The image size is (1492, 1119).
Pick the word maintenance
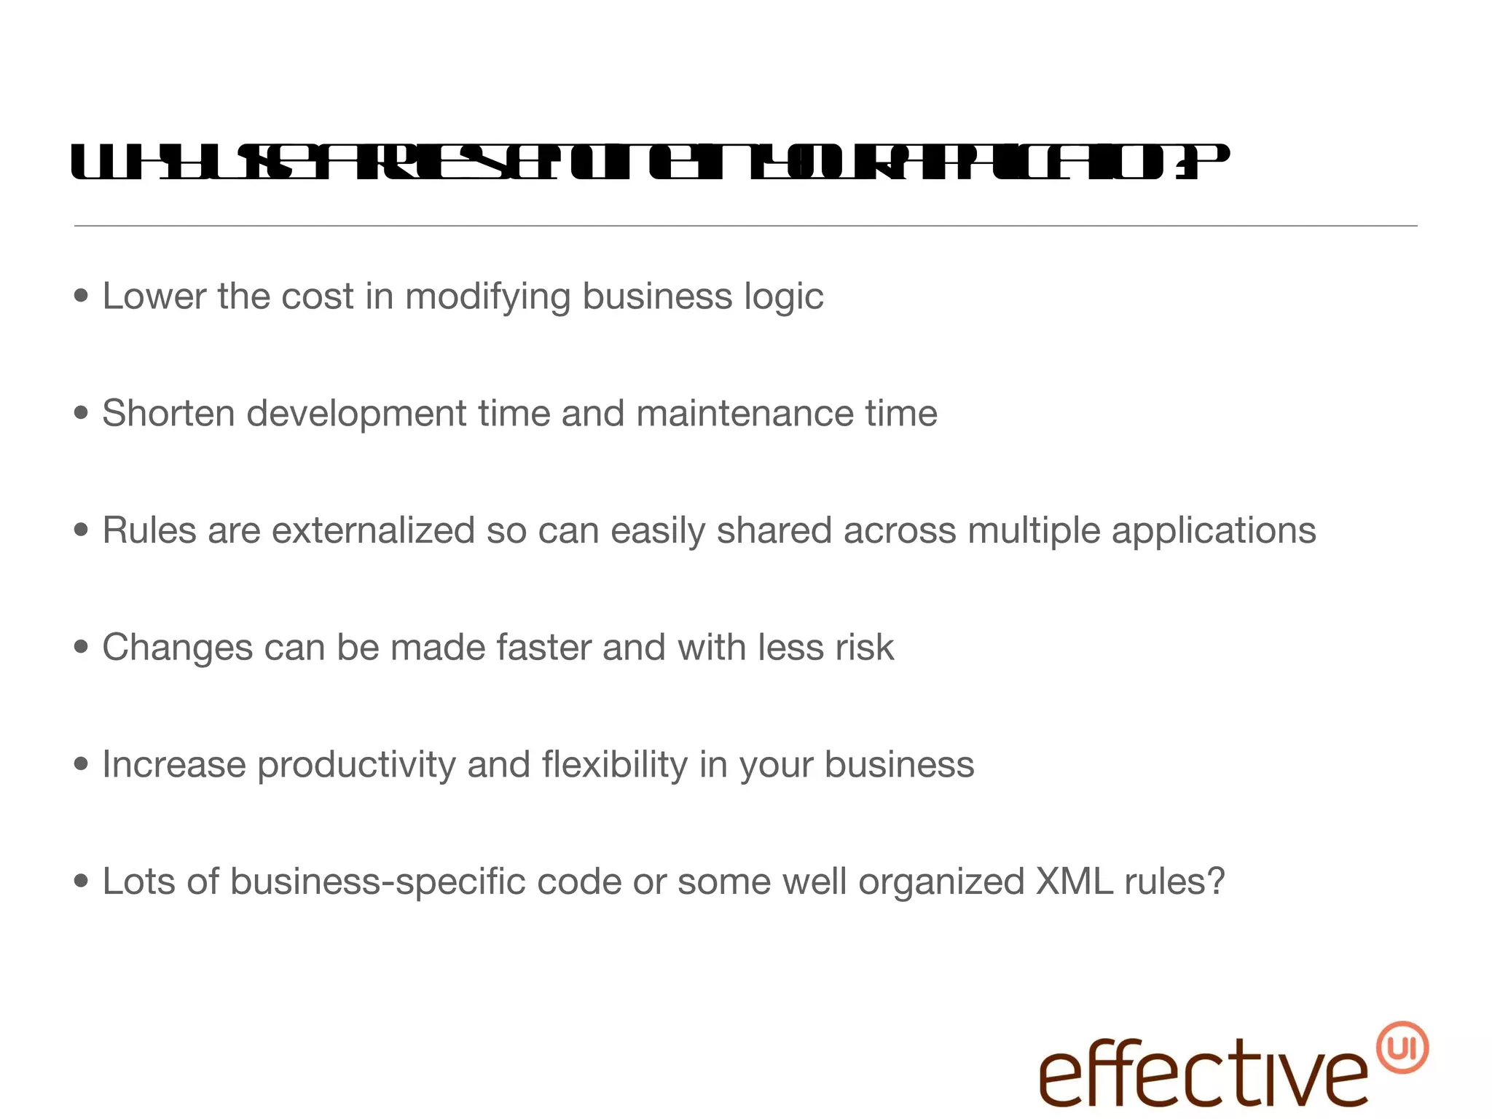(x=745, y=413)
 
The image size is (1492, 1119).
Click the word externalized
(x=373, y=530)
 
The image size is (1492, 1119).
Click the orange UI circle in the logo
(x=1402, y=1048)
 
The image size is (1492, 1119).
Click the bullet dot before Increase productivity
(x=82, y=764)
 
